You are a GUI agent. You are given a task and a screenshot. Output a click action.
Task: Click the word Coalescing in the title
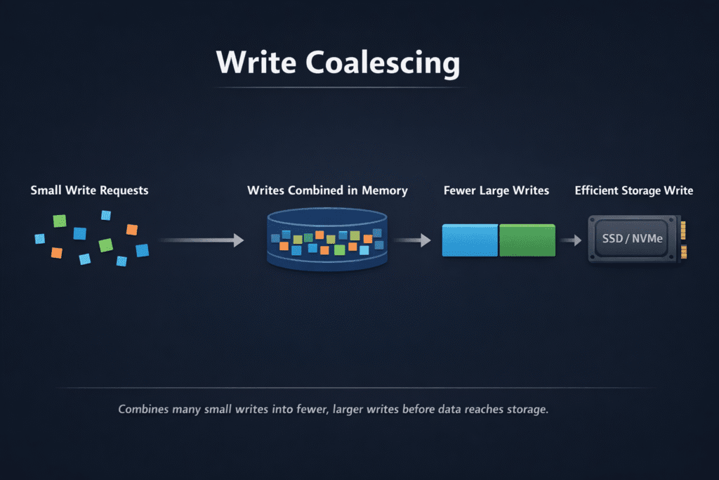383,63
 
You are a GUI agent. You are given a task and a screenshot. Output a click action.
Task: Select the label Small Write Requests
90,190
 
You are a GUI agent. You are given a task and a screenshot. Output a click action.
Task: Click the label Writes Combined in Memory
327,190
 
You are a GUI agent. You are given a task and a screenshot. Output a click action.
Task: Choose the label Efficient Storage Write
634,190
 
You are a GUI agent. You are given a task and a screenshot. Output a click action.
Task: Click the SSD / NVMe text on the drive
633,239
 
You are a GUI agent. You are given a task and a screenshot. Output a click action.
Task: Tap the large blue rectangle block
470,240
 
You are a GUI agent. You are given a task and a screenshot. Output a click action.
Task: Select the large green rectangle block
527,240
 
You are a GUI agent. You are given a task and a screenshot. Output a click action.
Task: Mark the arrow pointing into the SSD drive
572,240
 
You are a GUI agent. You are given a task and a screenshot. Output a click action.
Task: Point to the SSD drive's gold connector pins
684,239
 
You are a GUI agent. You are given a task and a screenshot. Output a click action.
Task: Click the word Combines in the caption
143,409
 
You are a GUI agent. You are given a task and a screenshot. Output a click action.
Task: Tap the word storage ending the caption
526,409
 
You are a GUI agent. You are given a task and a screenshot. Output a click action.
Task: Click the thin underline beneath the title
341,87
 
